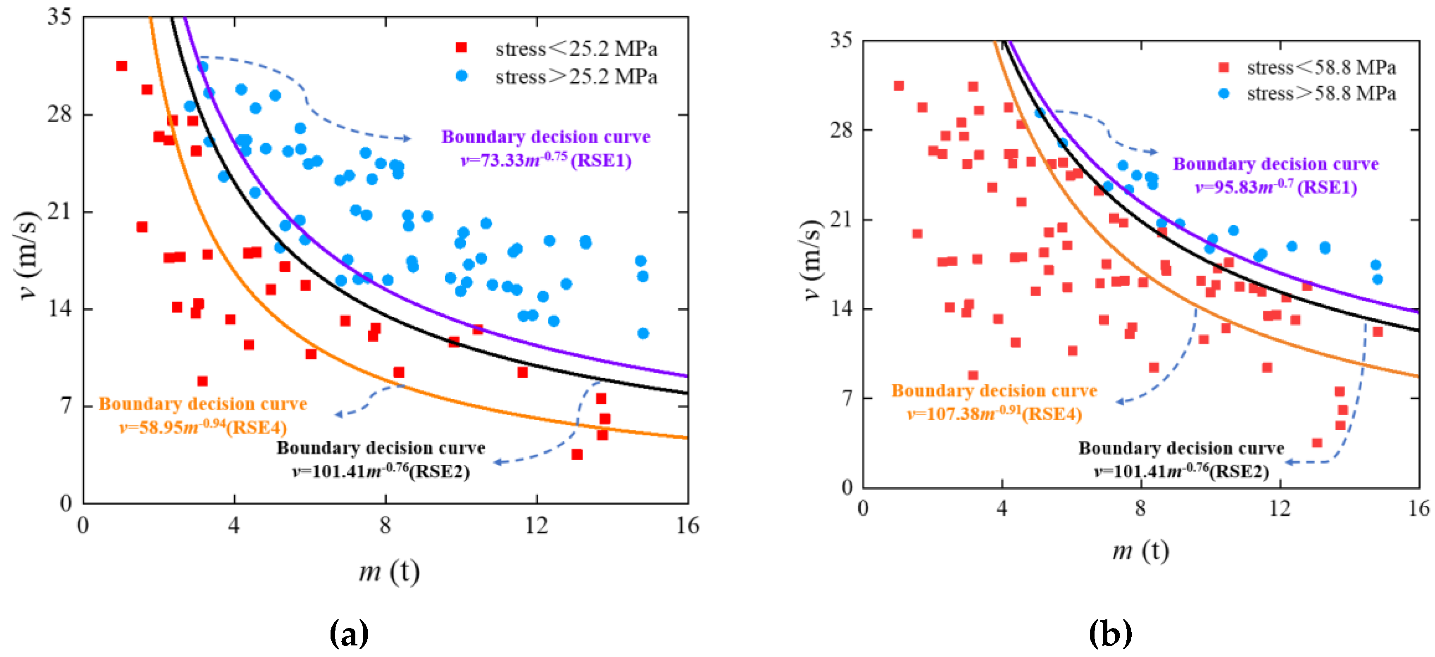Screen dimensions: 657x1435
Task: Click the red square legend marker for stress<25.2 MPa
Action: point(461,48)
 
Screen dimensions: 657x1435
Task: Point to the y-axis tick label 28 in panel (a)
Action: point(59,114)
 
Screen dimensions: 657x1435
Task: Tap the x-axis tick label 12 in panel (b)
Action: point(1280,508)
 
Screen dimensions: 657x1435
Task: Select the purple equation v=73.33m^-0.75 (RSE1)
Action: point(546,160)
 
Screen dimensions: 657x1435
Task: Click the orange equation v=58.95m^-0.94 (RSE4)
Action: point(203,427)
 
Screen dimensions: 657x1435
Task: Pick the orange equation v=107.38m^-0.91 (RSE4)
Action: point(995,414)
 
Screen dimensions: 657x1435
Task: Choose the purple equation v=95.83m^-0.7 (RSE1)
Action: point(1276,187)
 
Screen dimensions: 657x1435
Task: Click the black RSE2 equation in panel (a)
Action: point(381,471)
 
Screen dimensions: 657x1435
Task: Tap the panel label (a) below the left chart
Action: point(349,633)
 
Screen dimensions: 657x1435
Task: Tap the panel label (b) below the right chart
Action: point(1110,633)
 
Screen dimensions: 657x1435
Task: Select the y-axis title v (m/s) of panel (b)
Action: point(813,260)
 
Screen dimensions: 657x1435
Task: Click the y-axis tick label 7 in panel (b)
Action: point(847,398)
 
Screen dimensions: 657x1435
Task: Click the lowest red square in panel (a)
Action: point(577,455)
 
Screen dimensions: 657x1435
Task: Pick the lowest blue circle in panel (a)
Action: point(643,333)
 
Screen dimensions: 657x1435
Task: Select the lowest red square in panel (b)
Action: point(1317,443)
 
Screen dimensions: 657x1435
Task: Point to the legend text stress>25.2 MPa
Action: point(576,76)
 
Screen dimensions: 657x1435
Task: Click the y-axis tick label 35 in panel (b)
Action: point(841,40)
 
